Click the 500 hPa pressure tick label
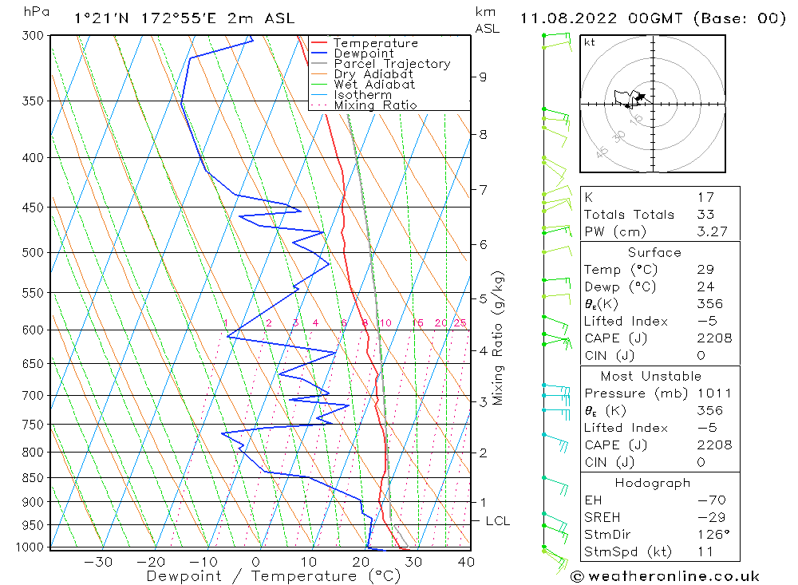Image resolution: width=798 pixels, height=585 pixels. pyautogui.click(x=33, y=252)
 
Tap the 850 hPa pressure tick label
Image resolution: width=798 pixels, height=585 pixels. pyautogui.click(x=33, y=478)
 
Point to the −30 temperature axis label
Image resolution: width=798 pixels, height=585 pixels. pyautogui.click(x=98, y=562)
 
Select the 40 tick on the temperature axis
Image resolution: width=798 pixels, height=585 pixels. pyautogui.click(x=466, y=562)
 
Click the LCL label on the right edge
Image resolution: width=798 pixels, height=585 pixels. pyautogui.click(x=498, y=521)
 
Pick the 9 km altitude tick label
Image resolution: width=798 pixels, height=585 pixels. pyautogui.click(x=483, y=77)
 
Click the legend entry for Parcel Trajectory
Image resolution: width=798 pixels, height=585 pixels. pyautogui.click(x=392, y=64)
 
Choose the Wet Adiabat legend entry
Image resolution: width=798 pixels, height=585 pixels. pyautogui.click(x=374, y=85)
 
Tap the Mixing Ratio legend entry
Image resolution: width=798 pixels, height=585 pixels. pyautogui.click(x=375, y=105)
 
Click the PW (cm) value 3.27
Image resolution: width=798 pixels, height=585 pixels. pyautogui.click(x=712, y=231)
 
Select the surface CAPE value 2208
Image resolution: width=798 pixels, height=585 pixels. pyautogui.click(x=714, y=338)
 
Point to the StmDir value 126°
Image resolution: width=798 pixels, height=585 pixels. pyautogui.click(x=713, y=535)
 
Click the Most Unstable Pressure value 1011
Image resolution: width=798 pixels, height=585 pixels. pyautogui.click(x=714, y=393)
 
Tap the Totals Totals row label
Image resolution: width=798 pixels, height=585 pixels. pyautogui.click(x=629, y=215)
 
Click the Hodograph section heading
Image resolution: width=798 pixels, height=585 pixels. pyautogui.click(x=653, y=483)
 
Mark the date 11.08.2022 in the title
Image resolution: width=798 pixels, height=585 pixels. pyautogui.click(x=568, y=19)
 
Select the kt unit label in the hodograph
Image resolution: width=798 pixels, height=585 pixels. pyautogui.click(x=590, y=42)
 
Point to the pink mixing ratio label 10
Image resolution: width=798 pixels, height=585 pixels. pyautogui.click(x=385, y=322)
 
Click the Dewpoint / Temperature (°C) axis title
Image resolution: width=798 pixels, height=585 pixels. pyautogui.click(x=273, y=576)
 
